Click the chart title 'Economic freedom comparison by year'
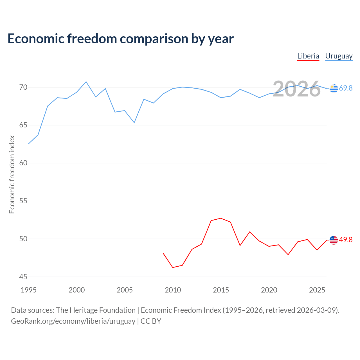[120, 39]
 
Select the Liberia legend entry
[308, 56]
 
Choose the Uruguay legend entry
[339, 56]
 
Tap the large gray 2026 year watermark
[297, 89]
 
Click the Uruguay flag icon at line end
[334, 88]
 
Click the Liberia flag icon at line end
[334, 240]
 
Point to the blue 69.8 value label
[346, 88]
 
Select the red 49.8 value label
[346, 240]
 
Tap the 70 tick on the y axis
[23, 87]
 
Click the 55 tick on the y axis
[23, 201]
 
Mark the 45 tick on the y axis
[23, 277]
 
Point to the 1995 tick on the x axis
[29, 290]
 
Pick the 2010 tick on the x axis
[173, 290]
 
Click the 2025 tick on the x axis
[317, 290]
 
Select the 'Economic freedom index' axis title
[12, 174]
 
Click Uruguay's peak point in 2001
[86, 82]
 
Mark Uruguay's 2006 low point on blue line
[134, 123]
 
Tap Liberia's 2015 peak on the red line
[221, 218]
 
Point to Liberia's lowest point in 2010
[173, 267]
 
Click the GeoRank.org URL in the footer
[73, 321]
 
